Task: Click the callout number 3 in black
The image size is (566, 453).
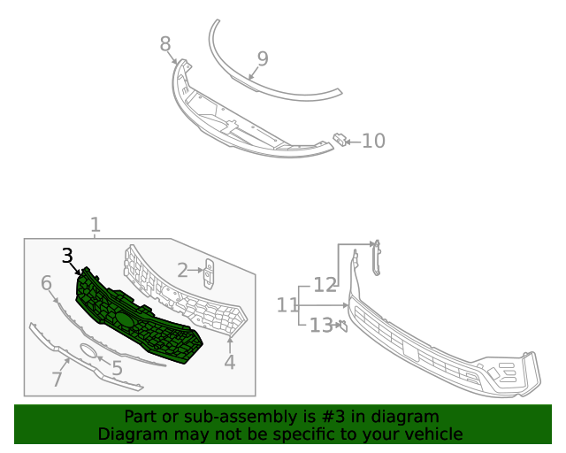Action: tap(68, 256)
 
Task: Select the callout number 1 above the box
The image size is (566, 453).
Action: tap(96, 226)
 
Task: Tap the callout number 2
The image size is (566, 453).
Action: tap(183, 270)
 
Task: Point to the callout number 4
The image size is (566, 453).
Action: tap(230, 362)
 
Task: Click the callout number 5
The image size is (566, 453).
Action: tap(117, 368)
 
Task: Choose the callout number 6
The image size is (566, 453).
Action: tap(47, 283)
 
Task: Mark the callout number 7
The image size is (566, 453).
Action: tap(57, 380)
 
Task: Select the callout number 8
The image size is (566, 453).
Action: tap(165, 44)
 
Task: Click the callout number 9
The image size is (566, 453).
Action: tap(262, 58)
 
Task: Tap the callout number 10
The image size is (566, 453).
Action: tap(373, 141)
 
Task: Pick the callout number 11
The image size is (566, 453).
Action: tap(287, 305)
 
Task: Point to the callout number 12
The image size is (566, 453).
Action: tap(325, 285)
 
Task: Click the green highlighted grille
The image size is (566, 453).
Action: tap(141, 323)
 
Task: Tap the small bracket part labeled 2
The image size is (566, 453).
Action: tap(209, 273)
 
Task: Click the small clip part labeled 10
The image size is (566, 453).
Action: tap(340, 138)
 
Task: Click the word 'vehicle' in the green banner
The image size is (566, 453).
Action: tap(432, 434)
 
